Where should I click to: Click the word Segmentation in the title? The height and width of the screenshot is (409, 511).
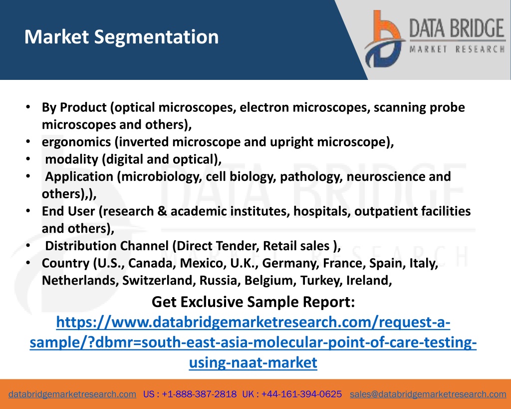[x=156, y=37]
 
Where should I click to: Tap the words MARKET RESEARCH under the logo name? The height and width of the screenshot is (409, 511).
[x=457, y=49]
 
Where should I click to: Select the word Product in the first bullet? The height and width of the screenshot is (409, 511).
[x=83, y=108]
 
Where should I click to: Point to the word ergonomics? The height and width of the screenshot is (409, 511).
[x=76, y=142]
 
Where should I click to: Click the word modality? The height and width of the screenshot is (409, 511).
[x=72, y=159]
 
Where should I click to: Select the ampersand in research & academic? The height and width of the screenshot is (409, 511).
[x=162, y=211]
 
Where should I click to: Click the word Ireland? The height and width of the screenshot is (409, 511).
[x=369, y=281]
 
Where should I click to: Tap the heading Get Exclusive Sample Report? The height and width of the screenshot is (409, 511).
[x=253, y=302]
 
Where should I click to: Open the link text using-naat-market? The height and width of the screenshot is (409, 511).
[x=253, y=363]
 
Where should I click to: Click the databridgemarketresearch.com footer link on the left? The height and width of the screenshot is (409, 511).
[x=72, y=395]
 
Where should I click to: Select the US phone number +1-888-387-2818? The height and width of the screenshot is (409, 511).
[x=199, y=395]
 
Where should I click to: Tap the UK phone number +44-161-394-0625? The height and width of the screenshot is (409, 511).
[x=301, y=395]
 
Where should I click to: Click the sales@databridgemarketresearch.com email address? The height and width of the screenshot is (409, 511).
[x=428, y=395]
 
